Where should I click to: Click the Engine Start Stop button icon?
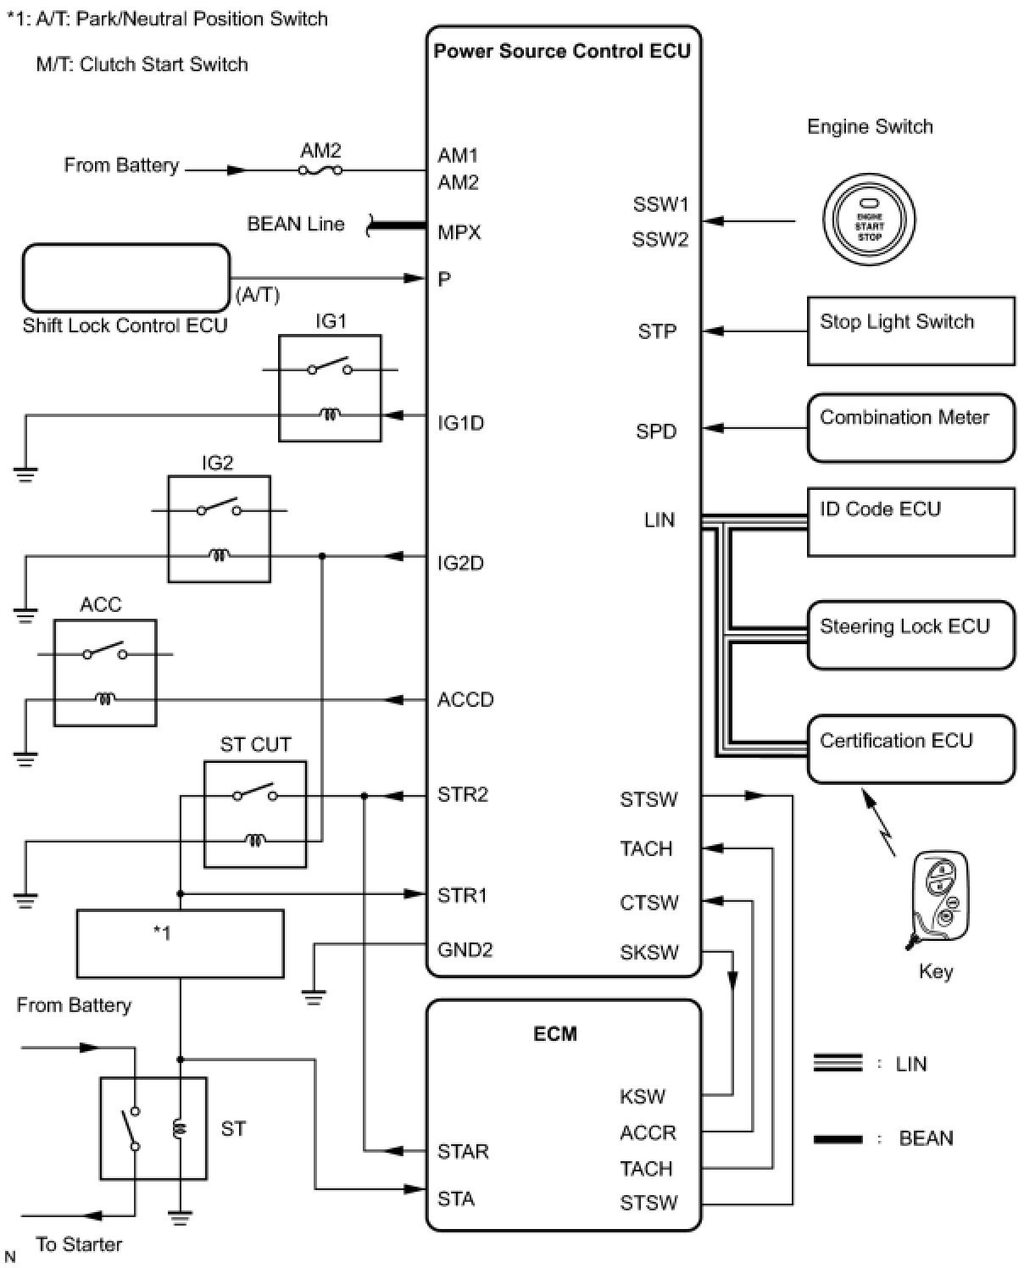point(869,220)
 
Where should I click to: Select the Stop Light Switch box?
point(910,331)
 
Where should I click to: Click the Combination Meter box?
point(910,427)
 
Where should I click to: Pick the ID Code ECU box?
point(910,521)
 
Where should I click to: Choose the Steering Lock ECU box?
point(910,635)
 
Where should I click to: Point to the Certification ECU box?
point(910,748)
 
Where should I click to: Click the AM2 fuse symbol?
point(320,170)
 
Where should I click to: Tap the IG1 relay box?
point(330,387)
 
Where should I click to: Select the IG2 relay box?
point(219,529)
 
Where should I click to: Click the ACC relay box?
point(105,673)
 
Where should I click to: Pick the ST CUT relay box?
point(255,814)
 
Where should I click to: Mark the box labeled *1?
point(180,943)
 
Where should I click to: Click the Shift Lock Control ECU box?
point(125,278)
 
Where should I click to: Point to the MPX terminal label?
point(459,232)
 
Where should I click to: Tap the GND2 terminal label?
point(465,950)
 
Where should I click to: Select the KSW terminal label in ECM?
point(642,1097)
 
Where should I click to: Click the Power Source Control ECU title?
point(562,51)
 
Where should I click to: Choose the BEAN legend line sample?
point(838,1139)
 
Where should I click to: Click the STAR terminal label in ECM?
point(463,1151)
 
